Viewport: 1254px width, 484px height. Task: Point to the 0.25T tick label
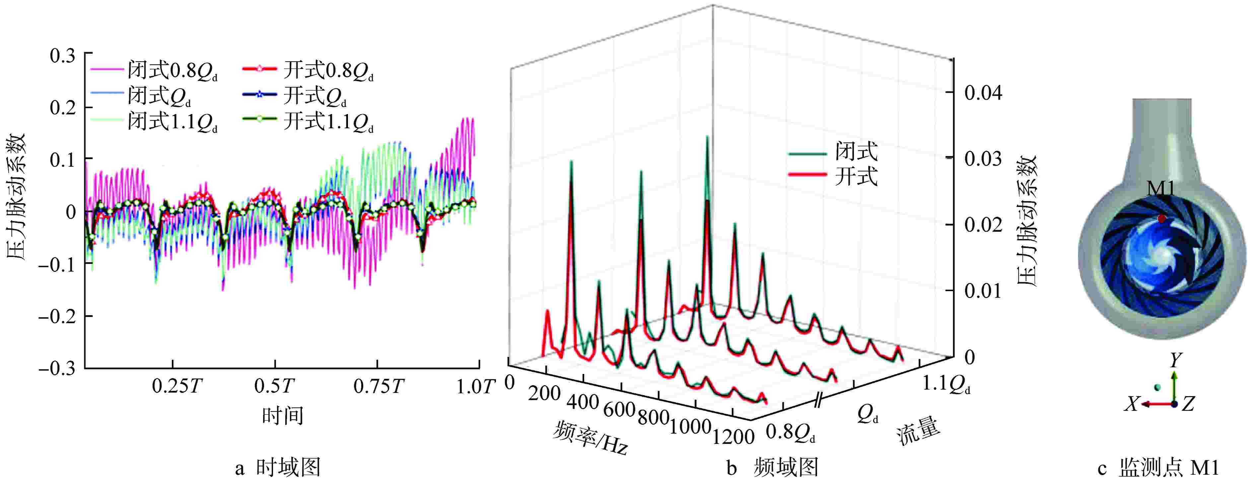click(x=177, y=387)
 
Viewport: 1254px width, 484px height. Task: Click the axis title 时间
click(x=282, y=416)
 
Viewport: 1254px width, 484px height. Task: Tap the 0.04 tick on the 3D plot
click(x=983, y=92)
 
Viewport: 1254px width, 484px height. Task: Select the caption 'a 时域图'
click(x=277, y=468)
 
